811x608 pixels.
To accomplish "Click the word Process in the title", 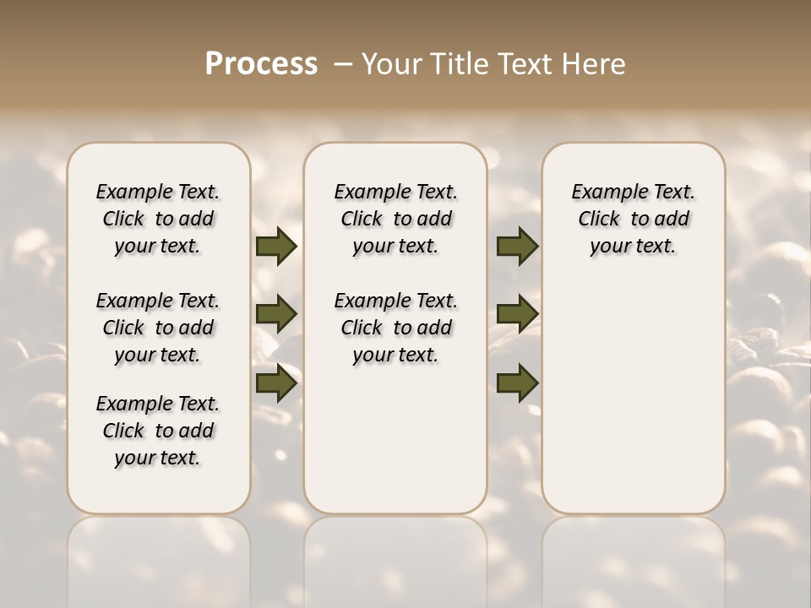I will coord(261,64).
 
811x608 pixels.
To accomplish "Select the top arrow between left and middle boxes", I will coord(276,247).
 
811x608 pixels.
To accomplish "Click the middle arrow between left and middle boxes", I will coord(276,314).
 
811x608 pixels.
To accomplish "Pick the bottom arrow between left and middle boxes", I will coord(276,383).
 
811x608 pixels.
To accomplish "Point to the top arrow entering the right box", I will coord(517,247).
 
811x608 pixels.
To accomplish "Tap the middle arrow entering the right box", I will coord(517,314).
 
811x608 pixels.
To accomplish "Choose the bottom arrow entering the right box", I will coord(517,383).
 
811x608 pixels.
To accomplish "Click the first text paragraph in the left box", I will coord(158,219).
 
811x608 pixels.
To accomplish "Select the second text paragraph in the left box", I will coord(158,328).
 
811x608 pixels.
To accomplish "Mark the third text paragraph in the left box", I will coord(158,431).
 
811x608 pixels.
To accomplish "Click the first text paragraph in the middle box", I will coord(395,219).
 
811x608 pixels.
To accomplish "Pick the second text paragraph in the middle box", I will coord(395,328).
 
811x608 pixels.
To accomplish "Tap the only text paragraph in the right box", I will coord(633,219).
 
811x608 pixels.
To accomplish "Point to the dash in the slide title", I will coord(342,65).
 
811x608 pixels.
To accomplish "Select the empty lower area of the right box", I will coord(633,397).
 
